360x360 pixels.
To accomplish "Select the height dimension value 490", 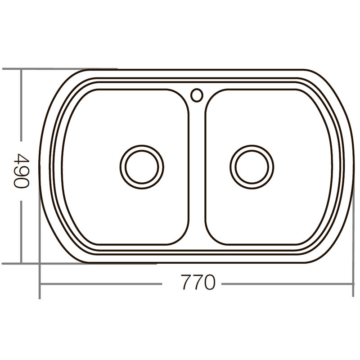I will tap(21, 171).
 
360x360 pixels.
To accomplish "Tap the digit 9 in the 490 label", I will tap(21, 171).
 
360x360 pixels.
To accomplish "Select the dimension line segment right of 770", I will tap(288, 284).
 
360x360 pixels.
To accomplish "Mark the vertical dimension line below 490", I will tap(21, 229).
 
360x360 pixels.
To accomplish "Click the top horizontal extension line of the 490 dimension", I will tap(45, 69).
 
